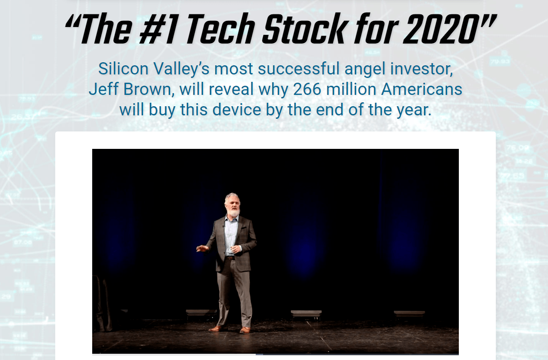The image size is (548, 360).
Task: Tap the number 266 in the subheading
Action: pos(307,89)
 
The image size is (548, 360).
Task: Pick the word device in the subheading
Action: pos(237,110)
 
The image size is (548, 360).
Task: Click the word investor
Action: pos(421,69)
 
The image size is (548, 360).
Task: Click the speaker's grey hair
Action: pos(231,197)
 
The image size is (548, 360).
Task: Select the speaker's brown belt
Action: pos(230,258)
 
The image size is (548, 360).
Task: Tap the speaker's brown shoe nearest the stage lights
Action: pos(245,330)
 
